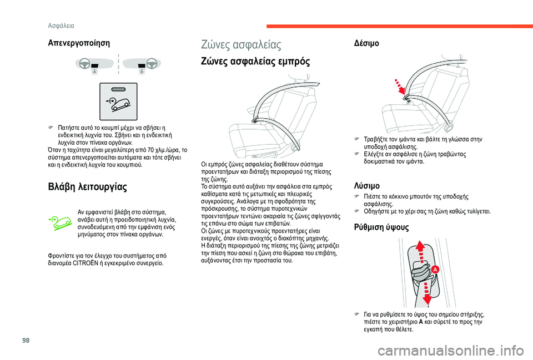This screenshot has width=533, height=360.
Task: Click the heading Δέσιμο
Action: (x=366, y=43)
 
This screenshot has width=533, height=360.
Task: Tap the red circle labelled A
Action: (x=435, y=269)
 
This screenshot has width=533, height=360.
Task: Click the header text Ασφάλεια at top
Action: (x=61, y=26)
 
